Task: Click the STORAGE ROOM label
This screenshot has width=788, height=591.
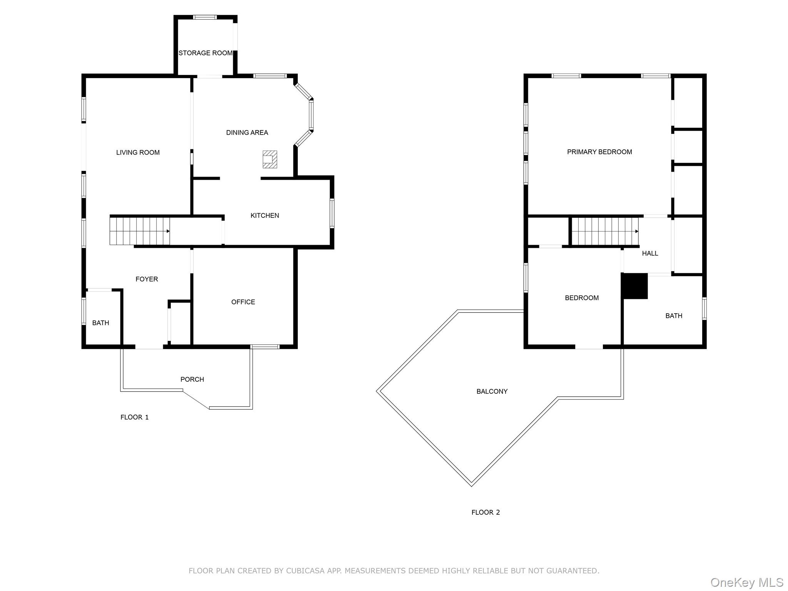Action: pos(205,53)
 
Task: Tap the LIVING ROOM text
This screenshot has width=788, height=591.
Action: pos(138,152)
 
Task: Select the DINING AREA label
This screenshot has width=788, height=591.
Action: pos(247,133)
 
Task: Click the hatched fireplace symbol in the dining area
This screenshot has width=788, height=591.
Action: pos(270,159)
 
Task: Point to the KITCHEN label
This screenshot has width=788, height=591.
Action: pos(265,215)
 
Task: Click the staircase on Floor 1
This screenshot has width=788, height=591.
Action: pos(140,231)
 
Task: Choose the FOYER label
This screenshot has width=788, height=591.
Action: pos(147,279)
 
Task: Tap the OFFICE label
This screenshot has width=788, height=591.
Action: pos(243,302)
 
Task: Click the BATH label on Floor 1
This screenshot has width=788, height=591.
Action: pos(101,323)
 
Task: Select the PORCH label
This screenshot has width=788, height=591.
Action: pos(192,379)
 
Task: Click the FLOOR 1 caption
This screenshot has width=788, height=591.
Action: pos(135,417)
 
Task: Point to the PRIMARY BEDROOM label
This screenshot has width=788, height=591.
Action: pos(599,152)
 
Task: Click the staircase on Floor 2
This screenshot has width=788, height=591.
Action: pos(605,231)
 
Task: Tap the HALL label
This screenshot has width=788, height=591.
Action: pos(650,253)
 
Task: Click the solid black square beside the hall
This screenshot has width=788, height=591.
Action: pos(635,286)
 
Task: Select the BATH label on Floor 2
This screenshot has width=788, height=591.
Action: pos(674,316)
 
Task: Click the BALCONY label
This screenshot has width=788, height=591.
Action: pos(492,392)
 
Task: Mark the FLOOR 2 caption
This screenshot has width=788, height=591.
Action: pos(486,512)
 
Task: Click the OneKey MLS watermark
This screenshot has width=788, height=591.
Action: pos(747,583)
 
